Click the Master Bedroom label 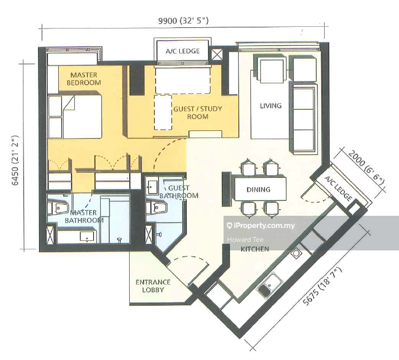point(84,79)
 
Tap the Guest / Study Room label point(198,112)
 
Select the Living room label point(270,106)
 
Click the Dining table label point(258,190)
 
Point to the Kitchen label point(255,249)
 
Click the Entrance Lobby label point(153,286)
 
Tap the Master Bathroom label point(84,216)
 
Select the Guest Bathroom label point(179,192)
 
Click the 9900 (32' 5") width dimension point(183,20)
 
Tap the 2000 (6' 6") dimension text point(366,165)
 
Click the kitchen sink point(270,285)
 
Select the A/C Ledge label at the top point(183,51)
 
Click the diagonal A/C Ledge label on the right point(338,188)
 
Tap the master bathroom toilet point(58,207)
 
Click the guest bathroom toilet point(156,207)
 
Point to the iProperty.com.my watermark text point(261,226)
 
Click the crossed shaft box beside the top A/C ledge point(217,54)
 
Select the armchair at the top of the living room point(272,69)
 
